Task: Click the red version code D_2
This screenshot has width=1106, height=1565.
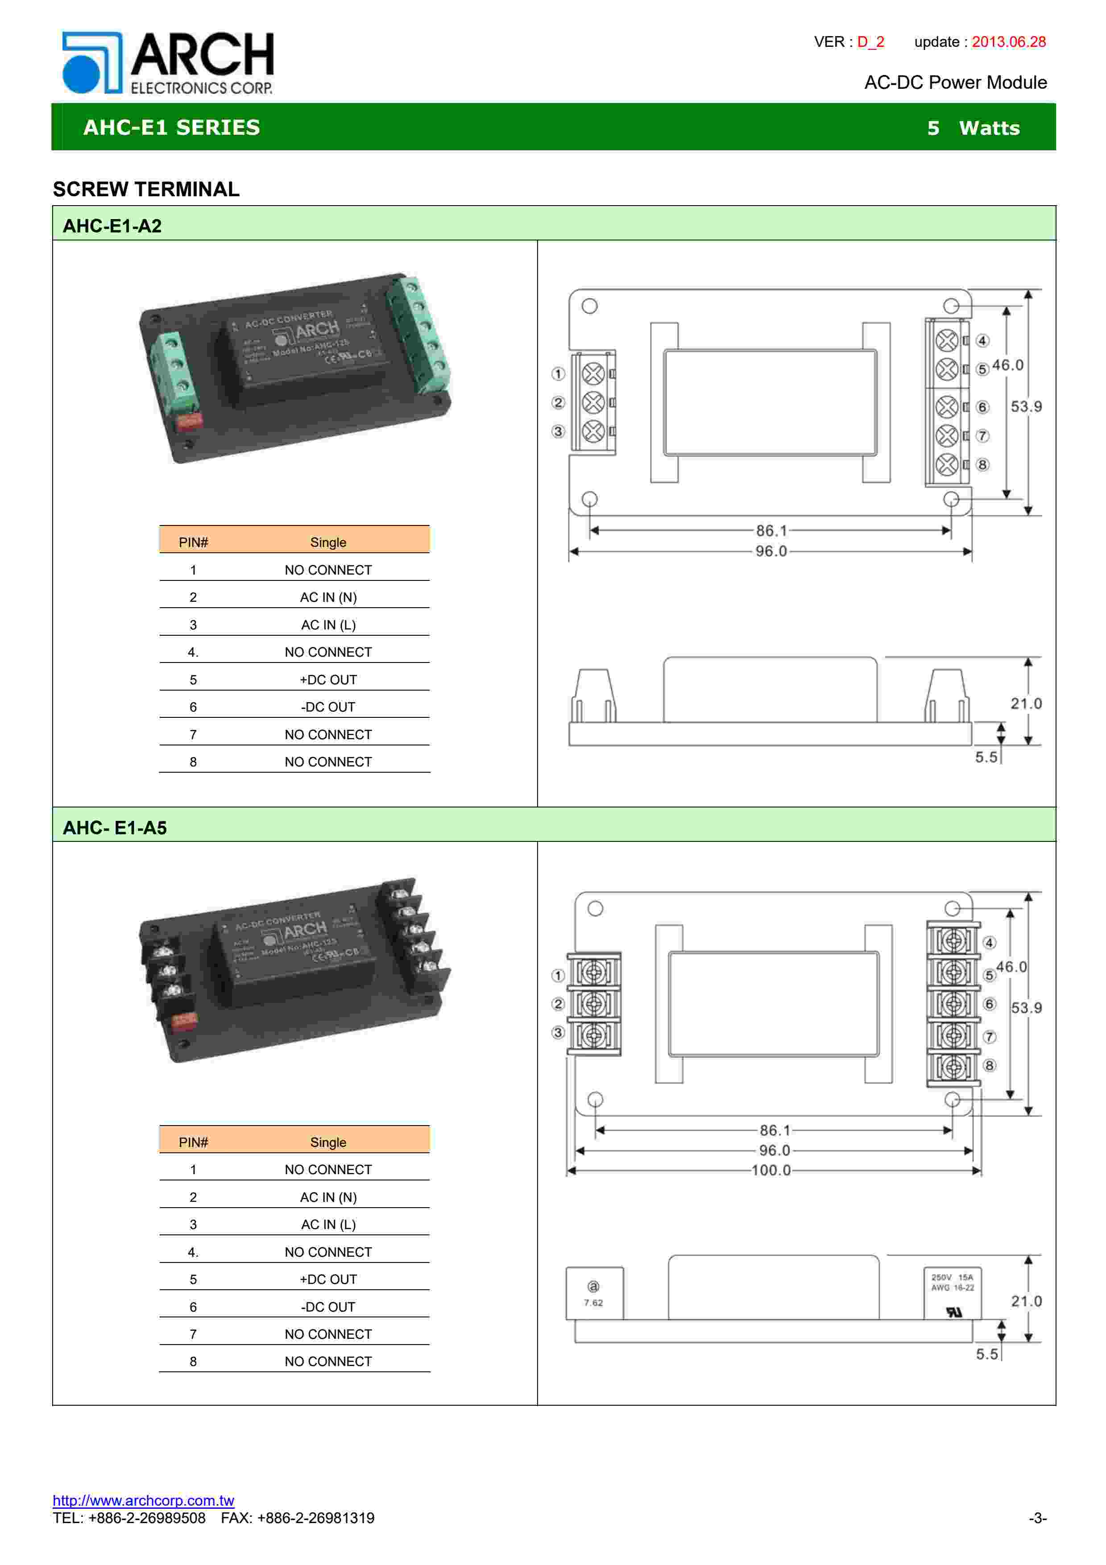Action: [x=870, y=41]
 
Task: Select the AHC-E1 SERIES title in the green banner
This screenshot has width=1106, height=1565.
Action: [x=172, y=128]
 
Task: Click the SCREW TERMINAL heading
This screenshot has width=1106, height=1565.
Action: [x=146, y=189]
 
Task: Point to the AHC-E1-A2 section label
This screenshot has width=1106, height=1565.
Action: [x=112, y=226]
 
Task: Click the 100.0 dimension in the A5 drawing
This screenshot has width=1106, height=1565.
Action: [x=771, y=1170]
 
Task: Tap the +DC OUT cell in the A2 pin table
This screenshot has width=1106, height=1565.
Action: [x=328, y=679]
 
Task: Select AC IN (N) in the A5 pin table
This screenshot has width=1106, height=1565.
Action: [x=328, y=1197]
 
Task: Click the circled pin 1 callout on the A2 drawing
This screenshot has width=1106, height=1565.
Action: [x=558, y=373]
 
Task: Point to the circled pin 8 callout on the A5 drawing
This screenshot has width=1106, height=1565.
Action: [x=990, y=1065]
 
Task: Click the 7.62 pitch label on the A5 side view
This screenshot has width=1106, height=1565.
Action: [x=593, y=1303]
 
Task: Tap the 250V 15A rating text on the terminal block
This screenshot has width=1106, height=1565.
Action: [x=952, y=1277]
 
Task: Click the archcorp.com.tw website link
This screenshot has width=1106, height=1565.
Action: [x=143, y=1500]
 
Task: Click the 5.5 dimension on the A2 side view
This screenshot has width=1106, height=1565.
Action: [x=986, y=757]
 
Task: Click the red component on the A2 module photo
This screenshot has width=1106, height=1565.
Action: [x=189, y=421]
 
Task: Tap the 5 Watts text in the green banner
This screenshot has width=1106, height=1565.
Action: [x=973, y=128]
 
